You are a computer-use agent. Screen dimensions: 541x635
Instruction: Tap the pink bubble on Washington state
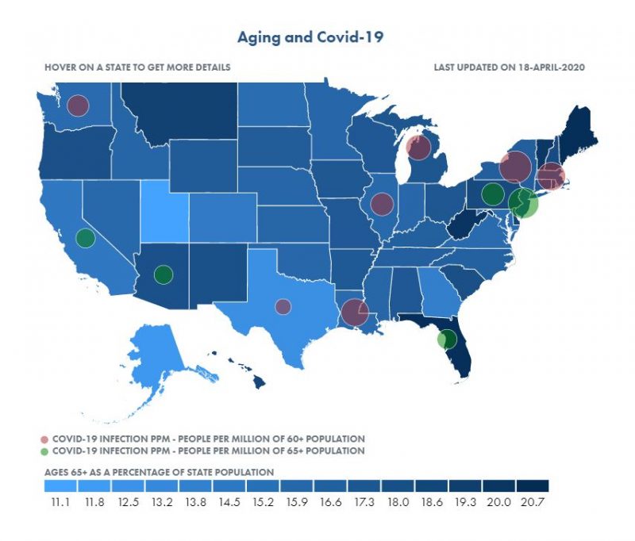[78, 106]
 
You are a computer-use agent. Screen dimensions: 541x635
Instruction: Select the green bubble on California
[85, 237]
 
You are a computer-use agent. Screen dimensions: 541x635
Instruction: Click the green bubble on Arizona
[164, 274]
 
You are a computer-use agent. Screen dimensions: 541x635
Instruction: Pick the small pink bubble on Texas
[283, 306]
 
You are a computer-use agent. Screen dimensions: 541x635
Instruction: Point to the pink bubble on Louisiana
[354, 312]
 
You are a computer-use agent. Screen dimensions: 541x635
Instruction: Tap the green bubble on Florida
[448, 339]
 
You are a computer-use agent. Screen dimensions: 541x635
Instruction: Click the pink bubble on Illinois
[383, 204]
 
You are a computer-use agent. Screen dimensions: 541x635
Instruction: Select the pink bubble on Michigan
[418, 148]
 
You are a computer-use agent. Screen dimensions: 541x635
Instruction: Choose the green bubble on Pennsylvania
[493, 194]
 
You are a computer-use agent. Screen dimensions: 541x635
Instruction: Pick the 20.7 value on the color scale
[532, 501]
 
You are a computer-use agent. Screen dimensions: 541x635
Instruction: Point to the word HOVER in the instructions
[62, 67]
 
